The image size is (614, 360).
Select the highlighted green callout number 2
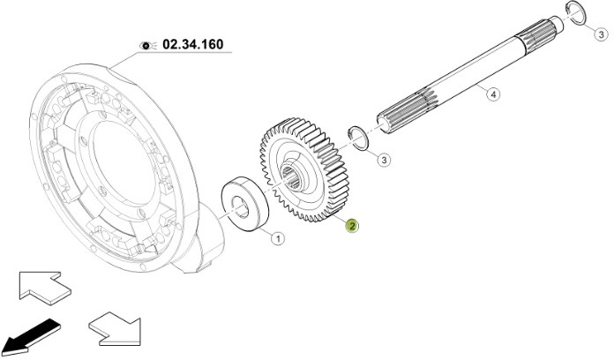(x=352, y=226)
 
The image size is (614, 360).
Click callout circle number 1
(x=276, y=237)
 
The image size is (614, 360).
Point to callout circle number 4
(x=493, y=94)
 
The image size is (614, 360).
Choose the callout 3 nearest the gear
(x=385, y=160)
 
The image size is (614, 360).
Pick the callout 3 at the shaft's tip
(x=600, y=35)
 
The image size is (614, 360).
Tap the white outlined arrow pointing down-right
(x=114, y=329)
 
